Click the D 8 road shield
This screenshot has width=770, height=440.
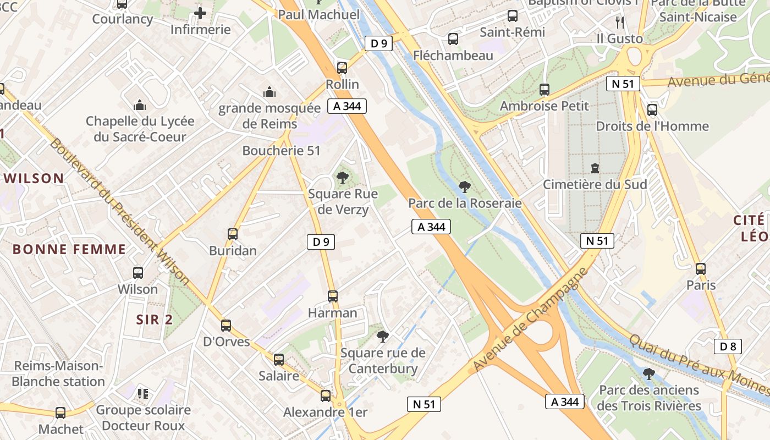(728, 346)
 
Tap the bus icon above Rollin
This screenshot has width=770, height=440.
(342, 68)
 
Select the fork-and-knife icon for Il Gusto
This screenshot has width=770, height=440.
(620, 22)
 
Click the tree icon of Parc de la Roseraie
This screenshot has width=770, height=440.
(465, 187)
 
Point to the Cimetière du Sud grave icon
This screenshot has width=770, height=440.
(595, 168)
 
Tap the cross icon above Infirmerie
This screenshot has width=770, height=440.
(200, 13)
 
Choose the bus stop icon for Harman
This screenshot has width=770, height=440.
(333, 296)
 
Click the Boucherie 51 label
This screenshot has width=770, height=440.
(281, 151)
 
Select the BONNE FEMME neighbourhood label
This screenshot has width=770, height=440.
(69, 249)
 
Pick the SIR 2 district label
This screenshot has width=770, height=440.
(155, 320)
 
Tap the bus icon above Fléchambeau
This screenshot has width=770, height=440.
(453, 39)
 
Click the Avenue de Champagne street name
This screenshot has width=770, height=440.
(530, 319)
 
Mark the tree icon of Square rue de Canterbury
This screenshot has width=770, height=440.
(383, 336)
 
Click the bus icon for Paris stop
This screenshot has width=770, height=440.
(701, 269)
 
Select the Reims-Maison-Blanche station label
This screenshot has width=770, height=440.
(58, 373)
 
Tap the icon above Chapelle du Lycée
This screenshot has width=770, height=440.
(140, 105)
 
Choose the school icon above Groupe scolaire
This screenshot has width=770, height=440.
(143, 394)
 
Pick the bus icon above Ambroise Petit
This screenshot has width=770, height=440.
(544, 89)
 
